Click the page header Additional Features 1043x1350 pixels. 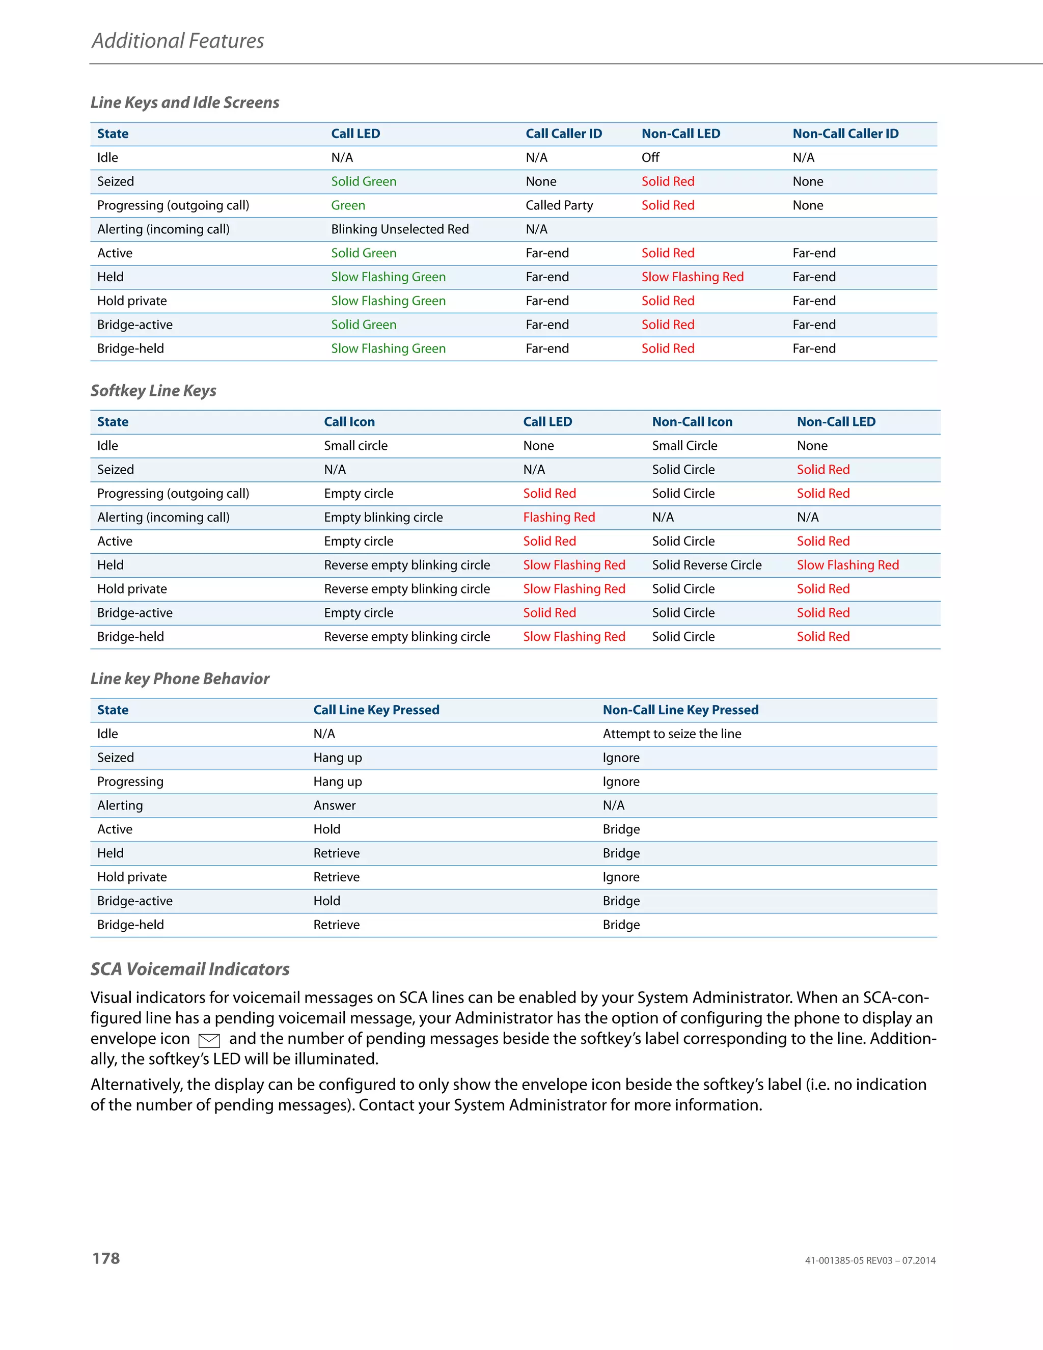pyautogui.click(x=178, y=41)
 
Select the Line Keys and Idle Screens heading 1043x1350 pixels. pyautogui.click(x=185, y=102)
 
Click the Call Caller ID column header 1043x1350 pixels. pyautogui.click(x=564, y=133)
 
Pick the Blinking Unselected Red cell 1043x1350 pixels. pyautogui.click(x=400, y=229)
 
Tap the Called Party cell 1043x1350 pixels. pyautogui.click(x=559, y=205)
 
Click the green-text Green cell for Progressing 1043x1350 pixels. pyautogui.click(x=348, y=205)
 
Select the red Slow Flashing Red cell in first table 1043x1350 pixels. pyautogui.click(x=692, y=277)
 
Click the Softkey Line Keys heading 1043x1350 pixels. pyautogui.click(x=153, y=391)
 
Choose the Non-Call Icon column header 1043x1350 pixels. pyautogui.click(x=692, y=422)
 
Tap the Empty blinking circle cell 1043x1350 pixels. pyautogui.click(x=383, y=518)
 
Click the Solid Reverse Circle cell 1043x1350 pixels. pyautogui.click(x=706, y=565)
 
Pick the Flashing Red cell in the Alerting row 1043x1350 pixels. pyautogui.click(x=559, y=518)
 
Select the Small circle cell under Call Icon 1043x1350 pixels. pyautogui.click(x=355, y=446)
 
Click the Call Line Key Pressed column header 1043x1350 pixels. pyautogui.click(x=376, y=710)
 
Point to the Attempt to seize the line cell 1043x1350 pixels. pyautogui.click(x=672, y=734)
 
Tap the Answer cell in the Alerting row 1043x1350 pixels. pyautogui.click(x=334, y=805)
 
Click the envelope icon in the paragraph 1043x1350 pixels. pyautogui.click(x=209, y=1040)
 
